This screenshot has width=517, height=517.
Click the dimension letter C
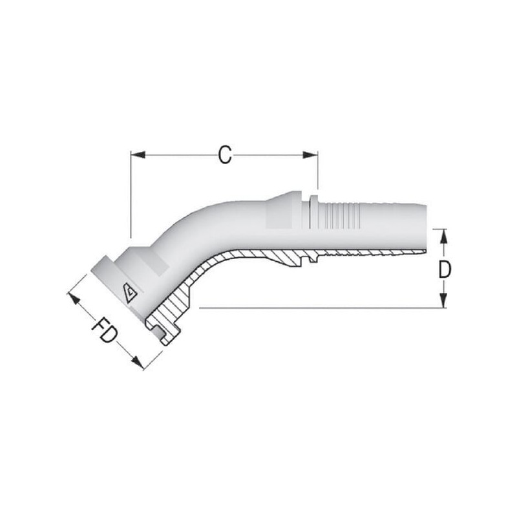[x=225, y=155]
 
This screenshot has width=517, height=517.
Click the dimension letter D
[x=445, y=269]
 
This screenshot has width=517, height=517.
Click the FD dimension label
[x=105, y=330]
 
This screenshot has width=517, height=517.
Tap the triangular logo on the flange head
[x=131, y=293]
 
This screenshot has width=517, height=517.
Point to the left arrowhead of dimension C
[x=138, y=154]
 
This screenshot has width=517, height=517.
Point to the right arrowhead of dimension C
[x=310, y=154]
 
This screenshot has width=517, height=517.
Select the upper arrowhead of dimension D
[x=444, y=236]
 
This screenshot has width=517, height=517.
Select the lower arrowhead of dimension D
[x=444, y=301]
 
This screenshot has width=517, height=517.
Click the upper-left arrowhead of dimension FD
[x=74, y=299]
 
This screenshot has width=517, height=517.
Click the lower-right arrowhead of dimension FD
[x=138, y=363]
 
